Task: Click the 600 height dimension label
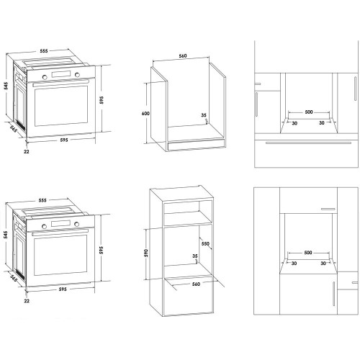click(145, 113)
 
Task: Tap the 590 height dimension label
click(146, 253)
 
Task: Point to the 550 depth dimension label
click(205, 243)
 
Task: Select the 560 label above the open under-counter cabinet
click(183, 56)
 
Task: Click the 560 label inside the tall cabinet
click(196, 284)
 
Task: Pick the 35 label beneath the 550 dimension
click(195, 256)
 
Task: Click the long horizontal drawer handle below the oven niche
click(308, 143)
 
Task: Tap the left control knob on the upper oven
click(45, 77)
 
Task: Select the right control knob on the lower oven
click(76, 224)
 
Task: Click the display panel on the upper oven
click(61, 74)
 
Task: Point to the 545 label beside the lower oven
click(6, 235)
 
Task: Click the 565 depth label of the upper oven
click(14, 129)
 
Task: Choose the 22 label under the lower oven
click(27, 301)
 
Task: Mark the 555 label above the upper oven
click(44, 51)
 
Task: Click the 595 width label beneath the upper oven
click(64, 140)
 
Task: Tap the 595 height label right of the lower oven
click(102, 250)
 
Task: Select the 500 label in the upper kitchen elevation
click(309, 112)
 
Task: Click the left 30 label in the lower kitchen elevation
click(294, 264)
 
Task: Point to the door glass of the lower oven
click(60, 255)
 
